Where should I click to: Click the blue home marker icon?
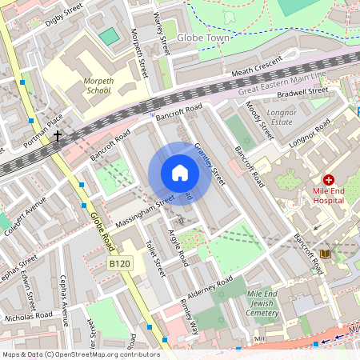[180, 174]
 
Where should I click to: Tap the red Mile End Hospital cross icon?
[328, 181]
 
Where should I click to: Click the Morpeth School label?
[96, 86]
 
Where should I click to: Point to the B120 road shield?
[119, 263]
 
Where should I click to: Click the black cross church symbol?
[58, 136]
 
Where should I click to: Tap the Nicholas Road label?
[28, 315]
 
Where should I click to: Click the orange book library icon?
[324, 254]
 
